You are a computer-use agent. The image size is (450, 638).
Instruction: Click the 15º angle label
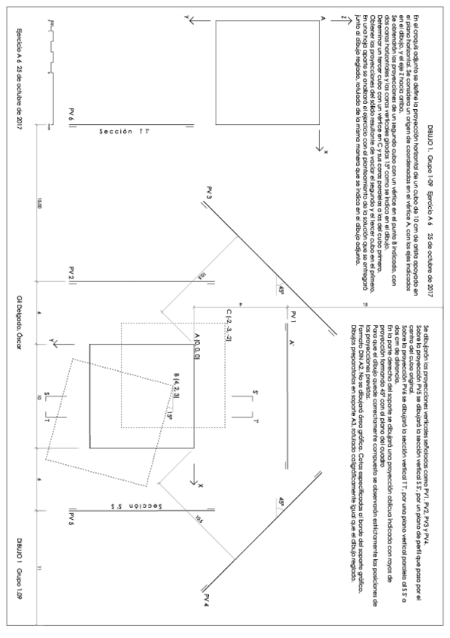click(x=171, y=415)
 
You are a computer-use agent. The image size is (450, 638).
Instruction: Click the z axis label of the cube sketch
click(x=342, y=17)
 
